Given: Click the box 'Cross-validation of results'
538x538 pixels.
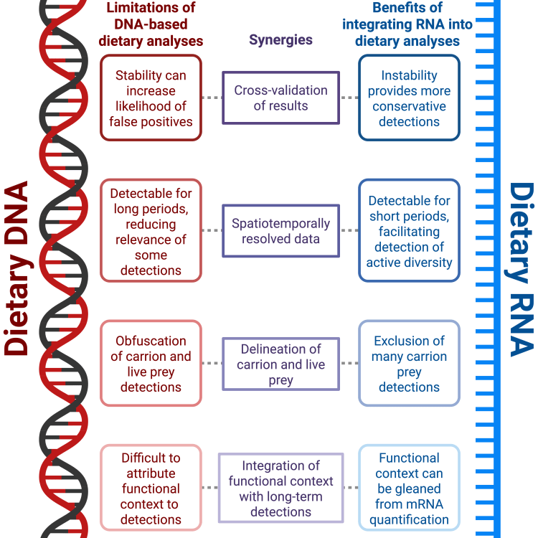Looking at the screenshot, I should click(x=280, y=98).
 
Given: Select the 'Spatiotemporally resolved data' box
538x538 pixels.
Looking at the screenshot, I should click(x=280, y=231).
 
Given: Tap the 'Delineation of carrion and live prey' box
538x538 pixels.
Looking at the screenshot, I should click(x=280, y=364).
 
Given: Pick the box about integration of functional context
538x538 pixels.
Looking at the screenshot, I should click(x=280, y=489).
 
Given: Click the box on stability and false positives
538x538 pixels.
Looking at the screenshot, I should click(x=151, y=98).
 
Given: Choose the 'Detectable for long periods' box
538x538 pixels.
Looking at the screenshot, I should click(x=151, y=231).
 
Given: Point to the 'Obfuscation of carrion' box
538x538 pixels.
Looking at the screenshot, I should click(x=151, y=364).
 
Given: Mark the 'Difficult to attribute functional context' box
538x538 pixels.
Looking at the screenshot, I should click(x=151, y=489).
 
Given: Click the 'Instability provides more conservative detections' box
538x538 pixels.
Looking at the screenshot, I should click(x=409, y=98).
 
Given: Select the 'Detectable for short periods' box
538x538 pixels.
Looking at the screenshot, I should click(x=409, y=231).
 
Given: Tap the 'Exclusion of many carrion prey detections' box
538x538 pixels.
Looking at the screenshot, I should click(x=409, y=364).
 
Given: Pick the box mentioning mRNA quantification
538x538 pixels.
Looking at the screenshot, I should click(x=409, y=489).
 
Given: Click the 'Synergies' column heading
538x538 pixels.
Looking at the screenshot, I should click(x=280, y=40).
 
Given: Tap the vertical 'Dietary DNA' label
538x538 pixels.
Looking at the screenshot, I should click(x=16, y=269).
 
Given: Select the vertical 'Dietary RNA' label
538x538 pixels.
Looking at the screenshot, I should click(x=522, y=269).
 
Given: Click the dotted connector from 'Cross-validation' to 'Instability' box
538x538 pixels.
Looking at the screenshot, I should click(x=349, y=98).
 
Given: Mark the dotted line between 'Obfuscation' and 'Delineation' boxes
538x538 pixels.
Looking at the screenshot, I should click(x=212, y=364).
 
